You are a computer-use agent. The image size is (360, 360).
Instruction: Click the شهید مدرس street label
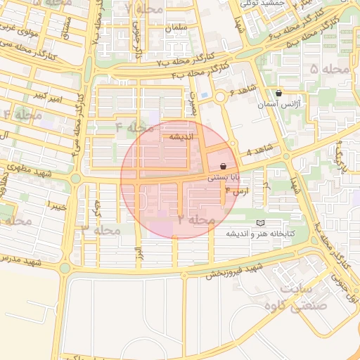(21, 263)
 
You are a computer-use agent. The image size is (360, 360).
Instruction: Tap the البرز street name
(139, 250)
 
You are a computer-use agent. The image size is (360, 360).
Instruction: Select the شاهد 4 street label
(259, 153)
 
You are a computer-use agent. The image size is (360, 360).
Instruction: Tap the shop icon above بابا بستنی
(223, 167)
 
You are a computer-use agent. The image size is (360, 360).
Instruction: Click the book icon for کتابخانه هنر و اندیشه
(261, 223)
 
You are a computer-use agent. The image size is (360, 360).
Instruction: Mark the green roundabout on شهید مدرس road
(65, 268)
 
